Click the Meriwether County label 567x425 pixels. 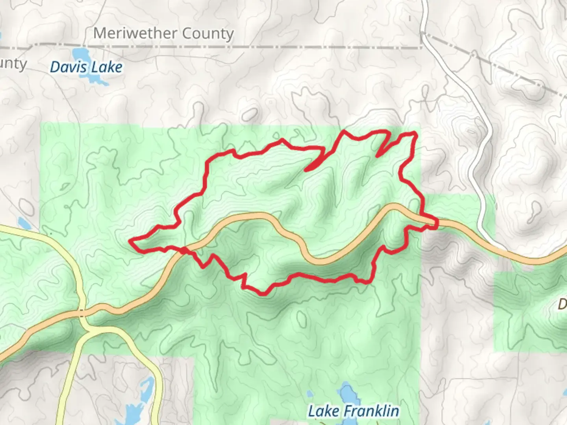(163, 34)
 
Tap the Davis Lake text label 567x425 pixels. (86, 67)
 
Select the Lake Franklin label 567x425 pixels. (353, 411)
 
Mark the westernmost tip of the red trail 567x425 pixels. (130, 240)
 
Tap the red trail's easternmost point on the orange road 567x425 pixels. (436, 224)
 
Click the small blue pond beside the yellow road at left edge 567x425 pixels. (23, 224)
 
